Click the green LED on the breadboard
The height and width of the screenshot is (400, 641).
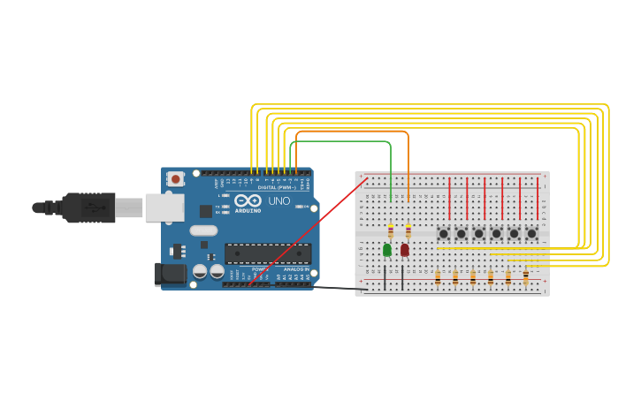387,250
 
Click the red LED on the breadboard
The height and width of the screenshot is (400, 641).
405,250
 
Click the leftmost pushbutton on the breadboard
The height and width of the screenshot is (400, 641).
443,233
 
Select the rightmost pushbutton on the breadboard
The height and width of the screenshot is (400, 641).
531,233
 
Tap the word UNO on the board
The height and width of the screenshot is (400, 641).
279,201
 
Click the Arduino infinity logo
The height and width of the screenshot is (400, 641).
248,200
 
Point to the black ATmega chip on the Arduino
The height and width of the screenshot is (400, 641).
267,253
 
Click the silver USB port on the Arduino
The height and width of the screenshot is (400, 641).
164,208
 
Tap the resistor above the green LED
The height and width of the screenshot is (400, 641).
391,231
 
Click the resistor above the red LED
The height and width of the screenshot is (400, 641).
408,231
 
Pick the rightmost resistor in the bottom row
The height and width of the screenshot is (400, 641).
525,279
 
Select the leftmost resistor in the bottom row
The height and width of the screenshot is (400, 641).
437,279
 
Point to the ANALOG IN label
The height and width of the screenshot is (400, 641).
296,268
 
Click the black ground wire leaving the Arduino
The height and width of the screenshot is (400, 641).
340,288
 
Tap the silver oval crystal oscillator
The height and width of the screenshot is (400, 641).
203,230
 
